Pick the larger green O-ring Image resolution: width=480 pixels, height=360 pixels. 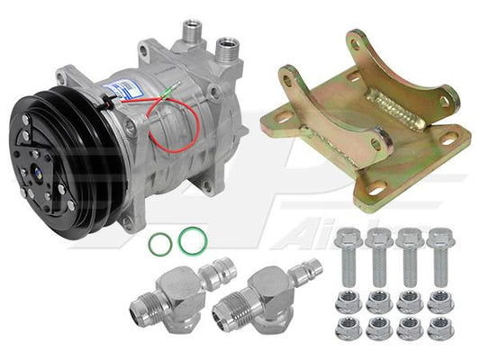click(x=189, y=239)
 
